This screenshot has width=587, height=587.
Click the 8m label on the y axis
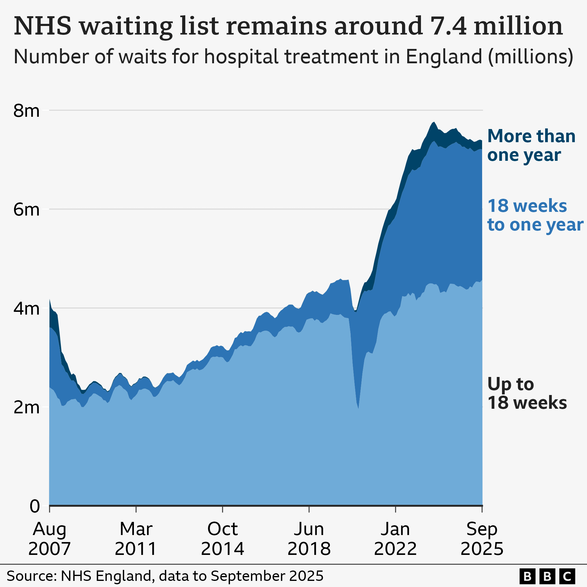tap(26, 111)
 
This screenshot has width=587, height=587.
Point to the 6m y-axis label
tap(26, 210)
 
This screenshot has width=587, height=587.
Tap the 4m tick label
tap(26, 309)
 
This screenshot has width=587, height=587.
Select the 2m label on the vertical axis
tap(26, 408)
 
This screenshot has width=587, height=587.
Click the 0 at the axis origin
tap(35, 506)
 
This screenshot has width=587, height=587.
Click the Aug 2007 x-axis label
tap(50, 538)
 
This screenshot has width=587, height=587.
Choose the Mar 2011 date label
tap(136, 538)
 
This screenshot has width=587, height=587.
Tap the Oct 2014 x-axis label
tap(223, 538)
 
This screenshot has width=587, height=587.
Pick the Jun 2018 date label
tap(309, 538)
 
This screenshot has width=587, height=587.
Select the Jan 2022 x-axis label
tap(395, 538)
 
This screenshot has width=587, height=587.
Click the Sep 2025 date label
tap(482, 538)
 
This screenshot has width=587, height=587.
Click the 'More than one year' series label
tap(531, 145)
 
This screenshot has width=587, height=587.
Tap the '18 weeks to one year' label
tap(535, 215)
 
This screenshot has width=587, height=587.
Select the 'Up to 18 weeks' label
tap(527, 393)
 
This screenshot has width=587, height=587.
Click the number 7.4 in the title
tap(448, 26)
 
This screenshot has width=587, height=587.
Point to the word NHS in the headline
tap(43, 26)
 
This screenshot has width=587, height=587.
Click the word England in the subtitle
tap(444, 57)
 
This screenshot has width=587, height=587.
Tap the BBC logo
tap(547, 576)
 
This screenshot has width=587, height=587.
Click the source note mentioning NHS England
tap(165, 576)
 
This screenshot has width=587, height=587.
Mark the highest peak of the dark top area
tap(434, 123)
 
